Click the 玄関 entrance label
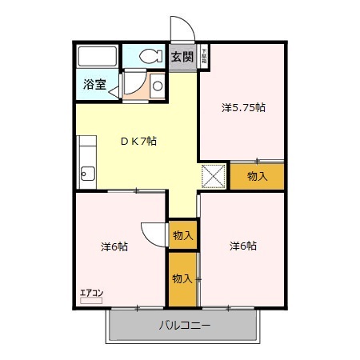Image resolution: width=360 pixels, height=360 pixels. [182, 56]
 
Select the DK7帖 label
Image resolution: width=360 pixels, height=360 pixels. [138, 141]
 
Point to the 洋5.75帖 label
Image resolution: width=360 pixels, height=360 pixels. [242, 107]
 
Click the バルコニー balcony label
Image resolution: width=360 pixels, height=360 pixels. [184, 326]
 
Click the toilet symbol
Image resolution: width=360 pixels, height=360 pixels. [149, 56]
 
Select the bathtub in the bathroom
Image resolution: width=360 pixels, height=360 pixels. [98, 58]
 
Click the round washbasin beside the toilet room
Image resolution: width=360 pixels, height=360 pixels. [158, 85]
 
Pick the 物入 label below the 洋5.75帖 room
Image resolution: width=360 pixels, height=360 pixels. [257, 176]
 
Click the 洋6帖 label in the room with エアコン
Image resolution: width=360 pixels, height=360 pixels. [114, 246]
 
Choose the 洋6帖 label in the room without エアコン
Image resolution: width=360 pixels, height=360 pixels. [242, 246]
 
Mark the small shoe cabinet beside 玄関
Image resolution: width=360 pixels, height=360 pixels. [204, 56]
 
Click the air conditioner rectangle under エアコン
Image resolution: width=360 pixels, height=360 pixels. [91, 302]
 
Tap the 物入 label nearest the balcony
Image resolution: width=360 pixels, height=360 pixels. [182, 278]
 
